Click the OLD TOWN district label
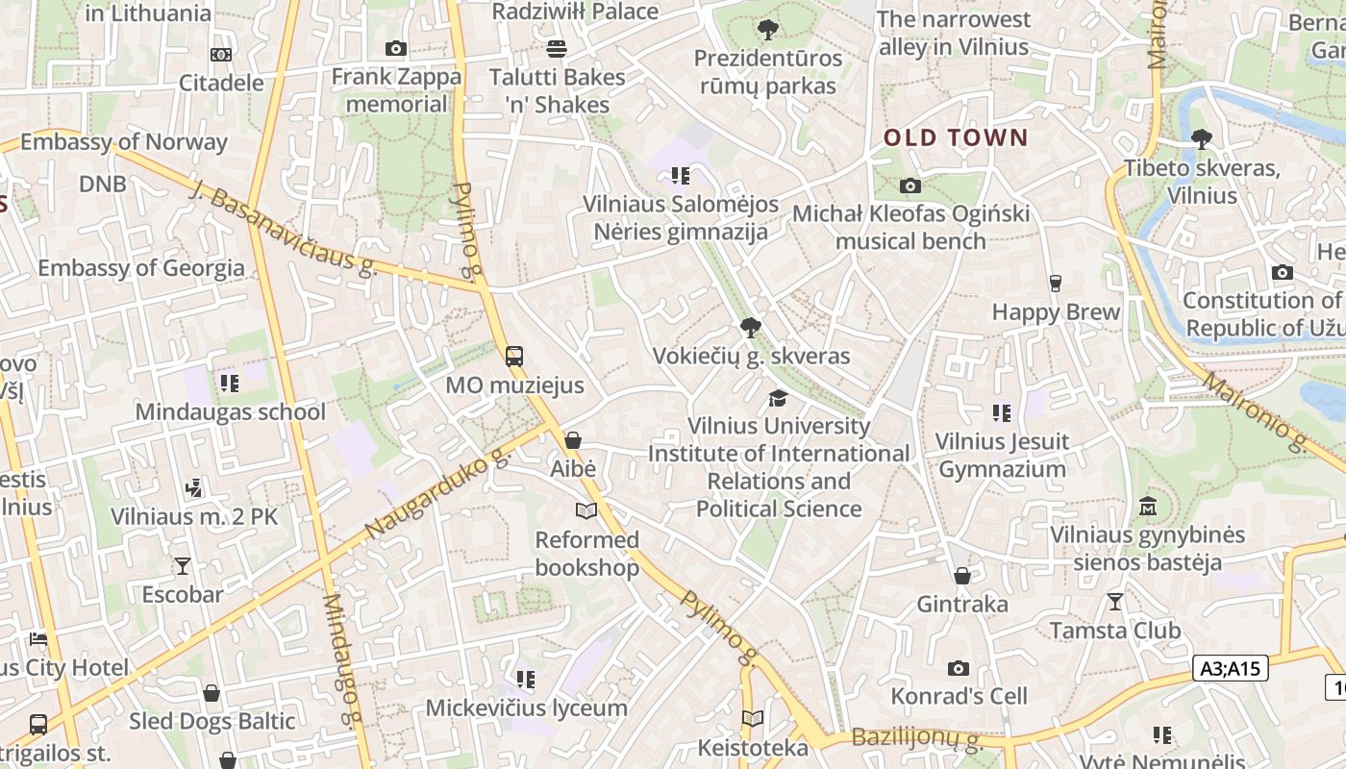(x=956, y=137)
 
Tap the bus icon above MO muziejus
(x=514, y=357)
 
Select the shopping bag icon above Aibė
(x=573, y=440)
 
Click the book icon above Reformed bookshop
(x=586, y=510)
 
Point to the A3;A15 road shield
(x=1232, y=668)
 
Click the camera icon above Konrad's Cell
(x=958, y=668)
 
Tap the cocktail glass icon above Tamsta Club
(x=1114, y=602)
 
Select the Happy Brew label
(x=1056, y=311)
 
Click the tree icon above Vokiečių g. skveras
(x=750, y=328)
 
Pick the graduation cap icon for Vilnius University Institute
(x=778, y=398)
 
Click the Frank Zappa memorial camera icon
(x=395, y=49)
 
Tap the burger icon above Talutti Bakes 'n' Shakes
(x=556, y=48)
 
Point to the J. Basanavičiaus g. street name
(x=284, y=229)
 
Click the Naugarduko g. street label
(x=436, y=490)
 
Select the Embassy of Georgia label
(x=140, y=267)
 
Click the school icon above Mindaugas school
(x=229, y=384)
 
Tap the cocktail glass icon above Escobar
(x=182, y=565)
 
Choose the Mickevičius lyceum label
(x=526, y=708)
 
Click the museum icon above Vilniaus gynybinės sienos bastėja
(x=1147, y=506)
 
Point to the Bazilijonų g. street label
(x=916, y=739)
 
